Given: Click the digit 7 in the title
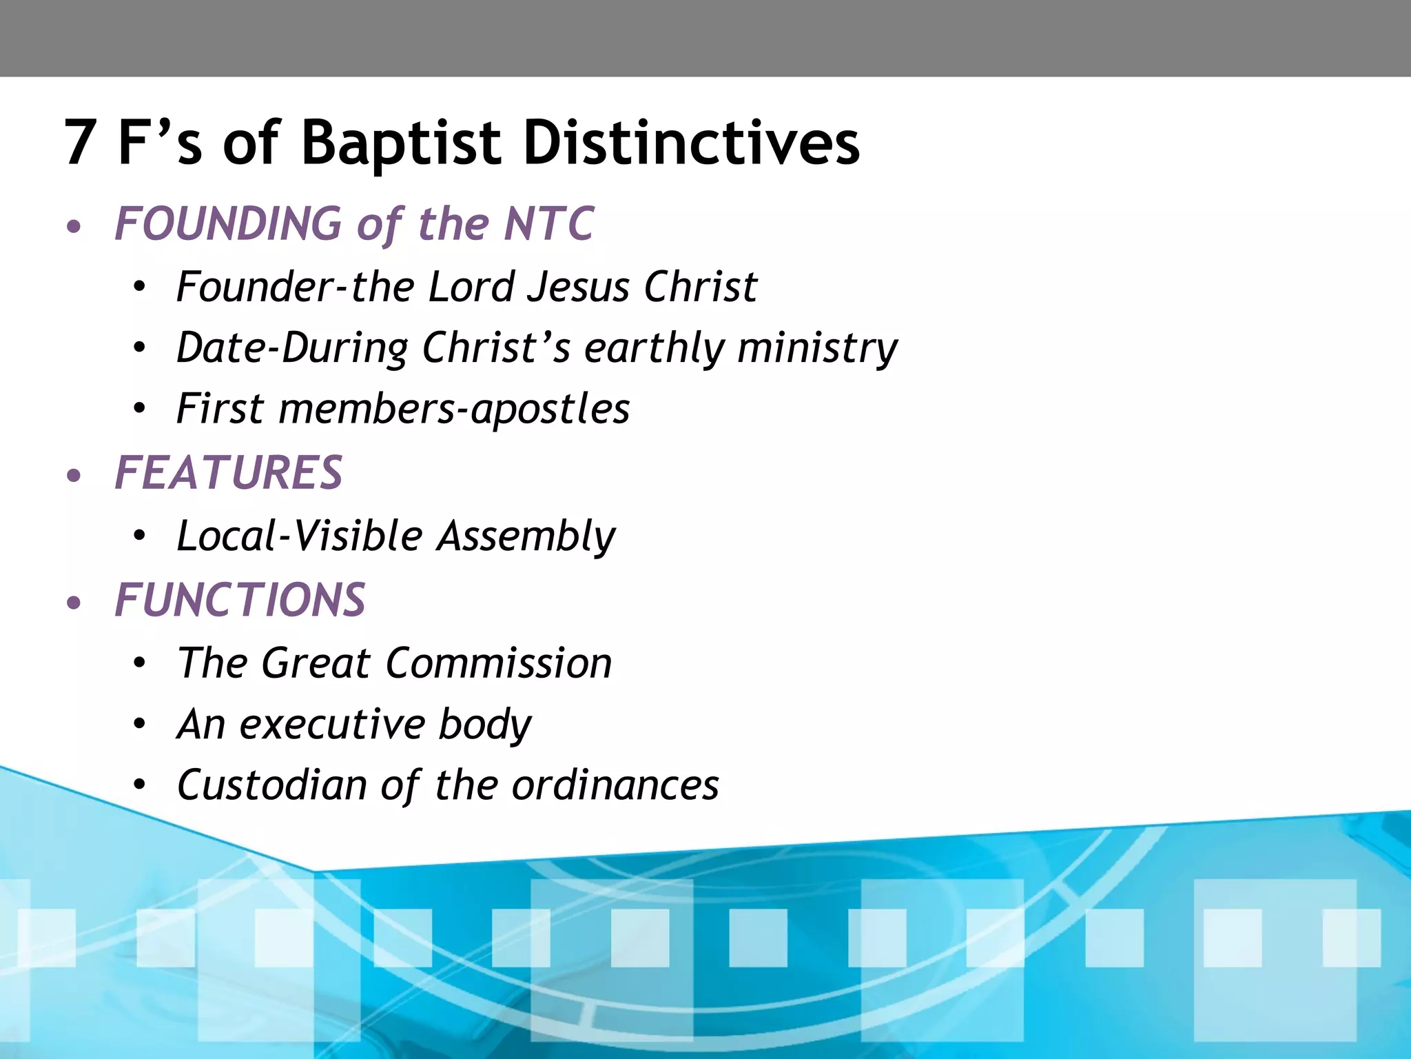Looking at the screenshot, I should pos(79,143).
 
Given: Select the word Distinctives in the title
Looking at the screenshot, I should pos(691,143).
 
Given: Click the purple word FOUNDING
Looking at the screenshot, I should pos(228,224).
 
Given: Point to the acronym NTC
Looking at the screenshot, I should pos(548,224).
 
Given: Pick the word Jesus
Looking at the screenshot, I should pos(578,287).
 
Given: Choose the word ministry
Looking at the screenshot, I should pos(818,348).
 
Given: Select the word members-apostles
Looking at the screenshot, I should pos(454,409).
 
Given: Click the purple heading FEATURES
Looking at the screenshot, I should pos(228,473).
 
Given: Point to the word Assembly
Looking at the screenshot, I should pos(526,536).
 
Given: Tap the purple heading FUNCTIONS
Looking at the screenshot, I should pos(240,600).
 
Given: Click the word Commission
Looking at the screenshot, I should pos(499,663).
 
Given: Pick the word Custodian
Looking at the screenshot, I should pos(271,785).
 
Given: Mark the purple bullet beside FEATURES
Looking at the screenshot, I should pos(74,476).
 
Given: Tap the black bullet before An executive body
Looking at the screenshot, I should pos(140,725).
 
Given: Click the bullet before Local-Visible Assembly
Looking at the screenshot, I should pos(140,536).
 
